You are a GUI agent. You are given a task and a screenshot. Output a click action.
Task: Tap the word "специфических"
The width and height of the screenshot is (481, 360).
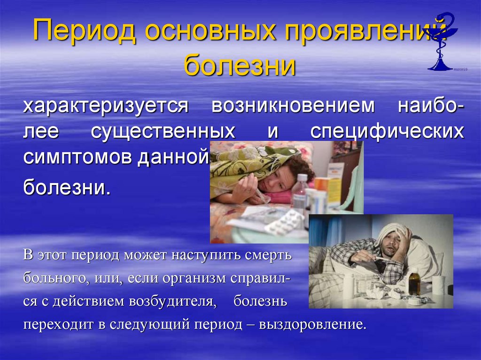(387, 132)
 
